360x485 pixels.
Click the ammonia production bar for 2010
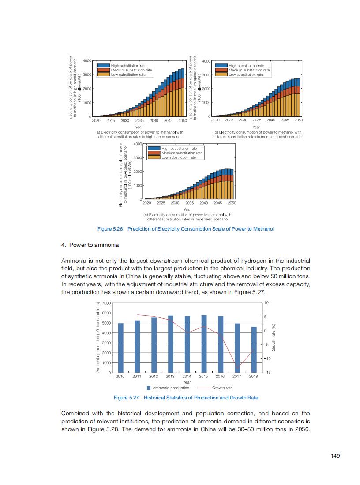coord(121,348)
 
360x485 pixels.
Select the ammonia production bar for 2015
coord(204,344)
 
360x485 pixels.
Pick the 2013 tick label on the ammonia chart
coord(170,377)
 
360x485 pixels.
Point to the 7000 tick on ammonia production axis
coord(106,303)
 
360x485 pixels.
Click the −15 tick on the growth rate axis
coord(266,373)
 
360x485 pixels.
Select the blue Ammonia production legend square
coord(150,388)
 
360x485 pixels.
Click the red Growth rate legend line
coord(203,388)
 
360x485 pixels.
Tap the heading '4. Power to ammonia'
coord(90,245)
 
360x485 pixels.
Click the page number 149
coord(335,456)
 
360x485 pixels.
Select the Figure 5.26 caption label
coord(111,229)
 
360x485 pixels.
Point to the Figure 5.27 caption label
coord(126,398)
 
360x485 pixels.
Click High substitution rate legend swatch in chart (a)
coord(103,66)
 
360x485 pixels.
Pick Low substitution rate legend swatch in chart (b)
coord(221,75)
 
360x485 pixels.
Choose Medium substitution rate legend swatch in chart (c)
coord(154,153)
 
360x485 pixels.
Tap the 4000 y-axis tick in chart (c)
coord(137,144)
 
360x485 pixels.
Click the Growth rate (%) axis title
coord(274,338)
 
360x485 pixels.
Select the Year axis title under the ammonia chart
coord(187,382)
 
